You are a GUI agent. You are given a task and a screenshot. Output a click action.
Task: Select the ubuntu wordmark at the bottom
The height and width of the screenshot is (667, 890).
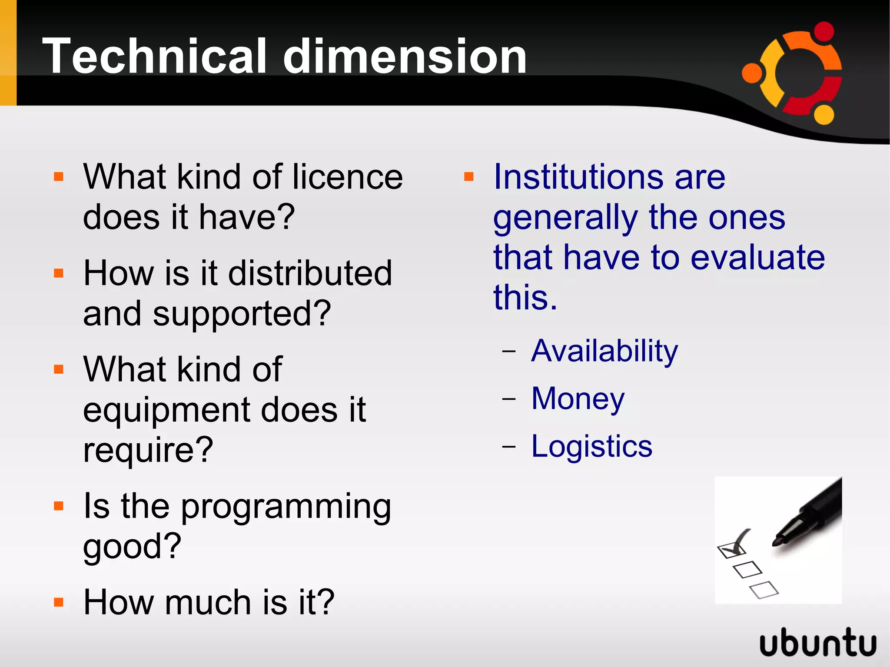coord(818,642)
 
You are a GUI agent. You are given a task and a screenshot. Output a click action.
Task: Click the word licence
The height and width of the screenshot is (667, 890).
coord(347,177)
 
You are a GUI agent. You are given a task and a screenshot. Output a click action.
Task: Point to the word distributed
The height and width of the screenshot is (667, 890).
coord(310,273)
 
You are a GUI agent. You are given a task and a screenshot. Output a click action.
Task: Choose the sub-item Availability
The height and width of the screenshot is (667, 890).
coord(604,351)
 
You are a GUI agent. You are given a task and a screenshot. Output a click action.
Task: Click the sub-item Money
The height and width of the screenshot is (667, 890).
coord(578,398)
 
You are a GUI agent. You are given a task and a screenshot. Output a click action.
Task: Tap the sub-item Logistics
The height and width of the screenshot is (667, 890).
coord(592,446)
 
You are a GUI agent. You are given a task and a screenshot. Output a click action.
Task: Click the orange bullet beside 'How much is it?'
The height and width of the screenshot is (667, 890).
coord(59,603)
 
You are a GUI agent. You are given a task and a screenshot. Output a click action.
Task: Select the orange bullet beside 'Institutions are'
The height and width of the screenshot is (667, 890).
coord(468,177)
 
